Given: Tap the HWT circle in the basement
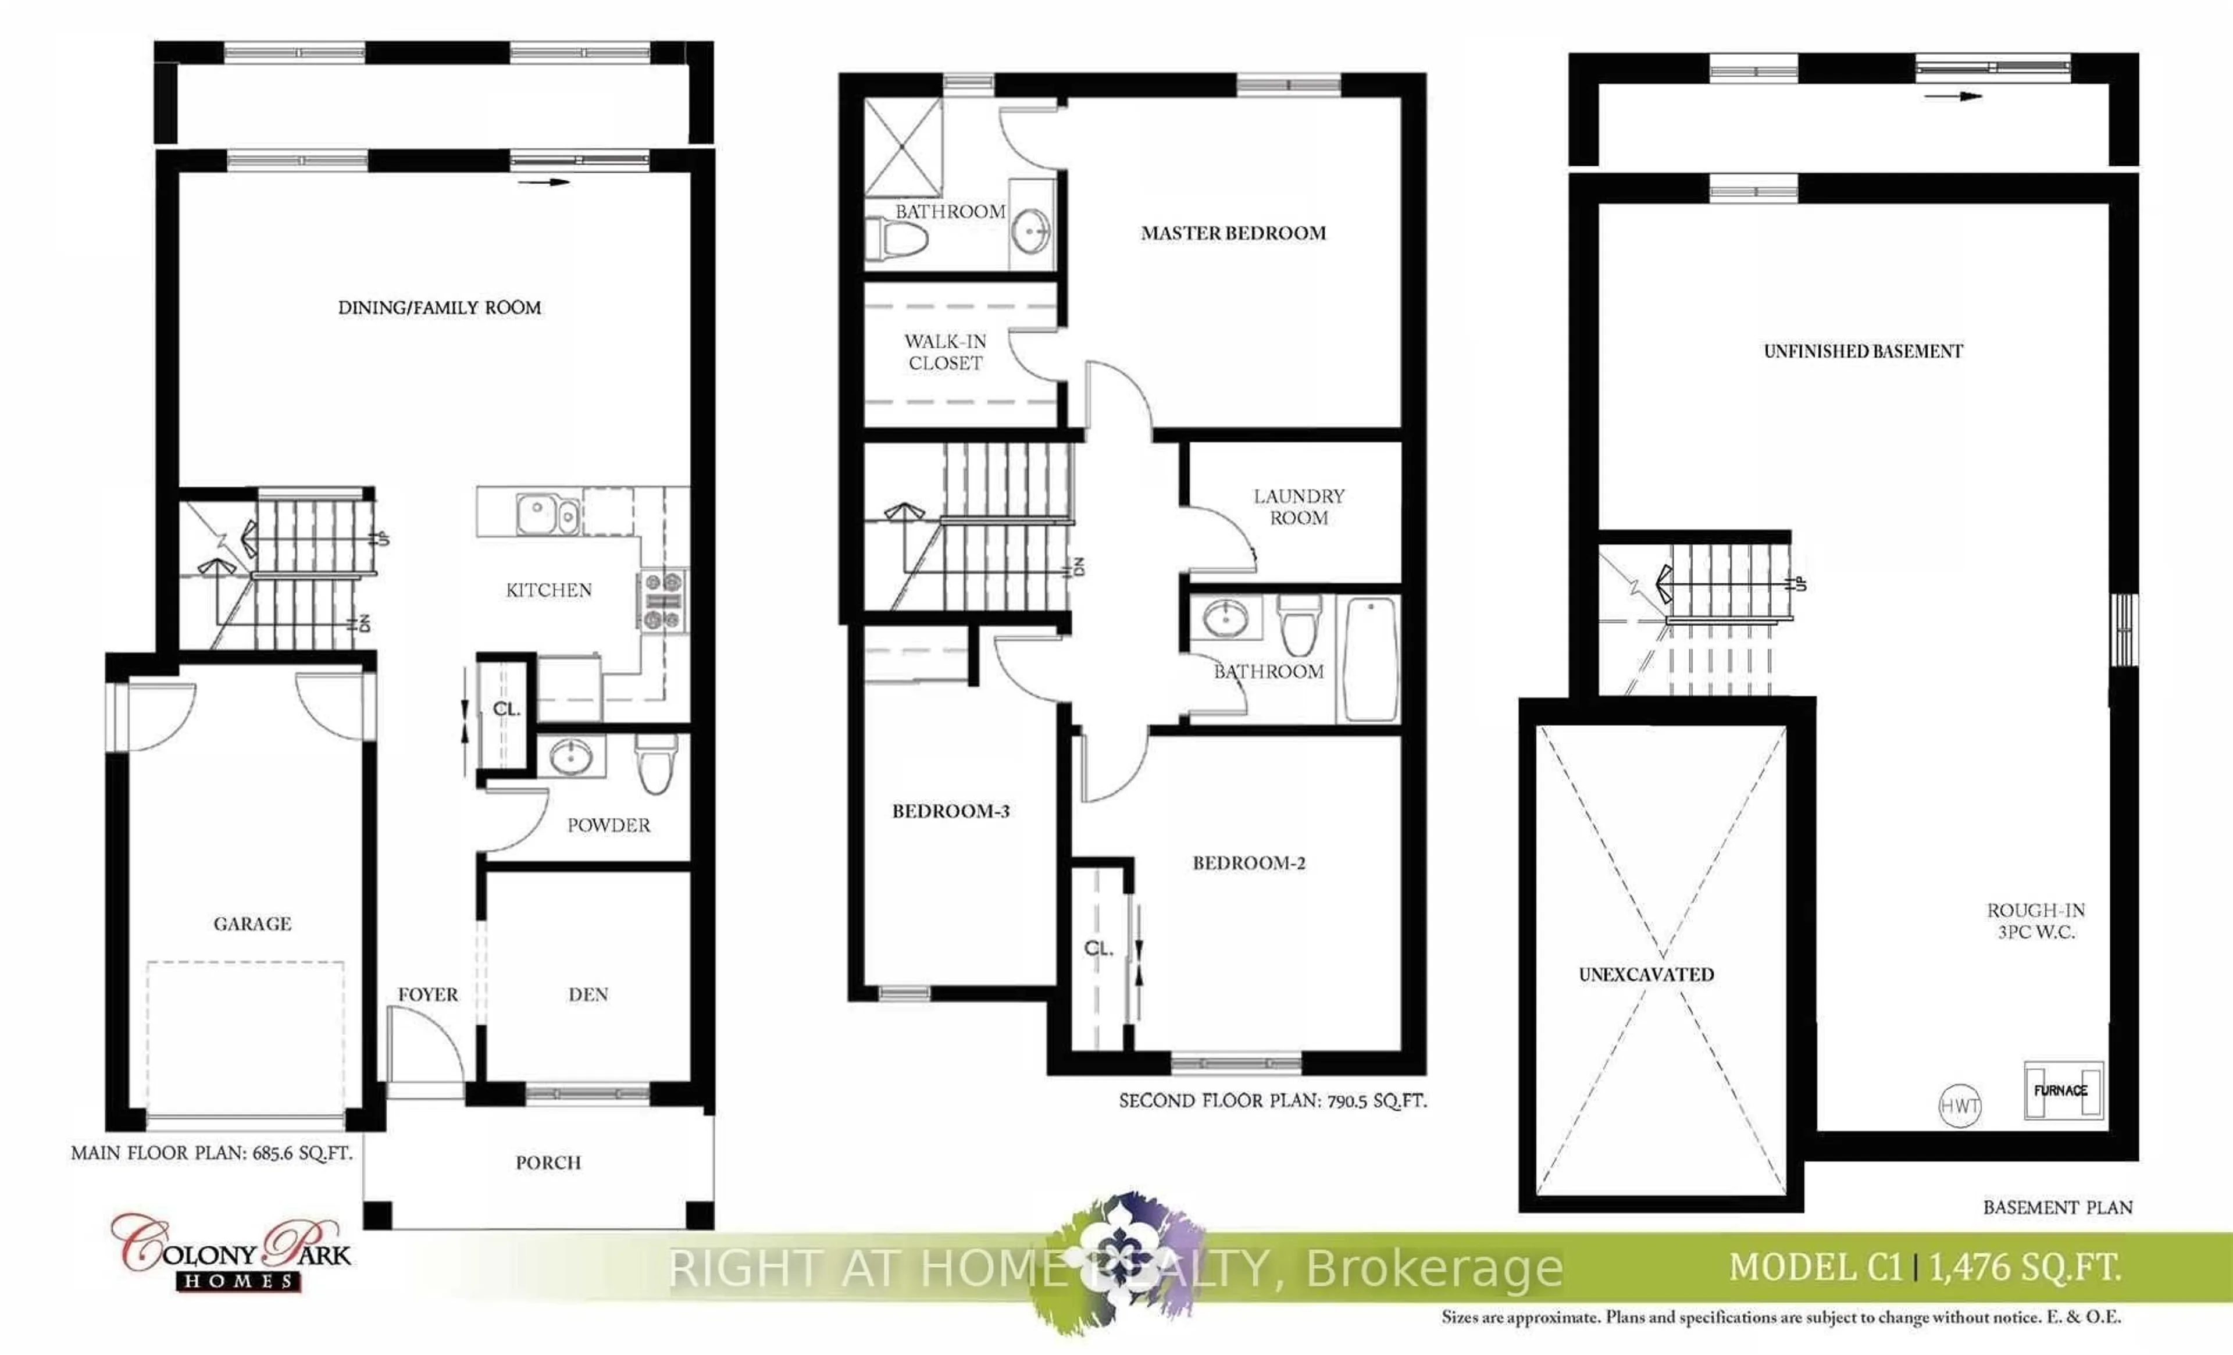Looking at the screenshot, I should [1959, 1106].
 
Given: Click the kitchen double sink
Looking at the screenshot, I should [548, 515].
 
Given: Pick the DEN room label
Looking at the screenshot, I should [588, 994].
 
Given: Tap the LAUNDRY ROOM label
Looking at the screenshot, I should [1299, 507].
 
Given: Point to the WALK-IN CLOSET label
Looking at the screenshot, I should [945, 352].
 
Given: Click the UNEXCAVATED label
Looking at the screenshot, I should [1647, 974].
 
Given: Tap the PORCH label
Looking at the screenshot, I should [548, 1162].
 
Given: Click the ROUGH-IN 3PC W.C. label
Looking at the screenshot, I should [2036, 920].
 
